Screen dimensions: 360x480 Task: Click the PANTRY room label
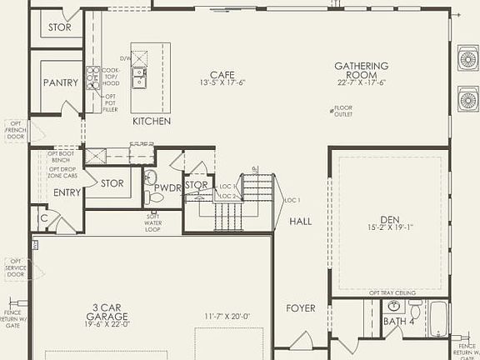(x=62, y=82)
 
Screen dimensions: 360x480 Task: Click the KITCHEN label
(x=152, y=122)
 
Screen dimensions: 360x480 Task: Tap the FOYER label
(x=301, y=308)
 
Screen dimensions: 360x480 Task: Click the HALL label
(x=301, y=222)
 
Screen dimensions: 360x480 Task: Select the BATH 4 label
(x=398, y=321)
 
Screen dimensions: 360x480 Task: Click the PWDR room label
(x=167, y=188)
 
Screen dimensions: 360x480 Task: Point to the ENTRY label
(x=67, y=192)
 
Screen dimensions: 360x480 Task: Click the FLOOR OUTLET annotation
(x=342, y=111)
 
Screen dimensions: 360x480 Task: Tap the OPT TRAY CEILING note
(x=391, y=292)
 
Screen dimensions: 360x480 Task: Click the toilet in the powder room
(x=152, y=197)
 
